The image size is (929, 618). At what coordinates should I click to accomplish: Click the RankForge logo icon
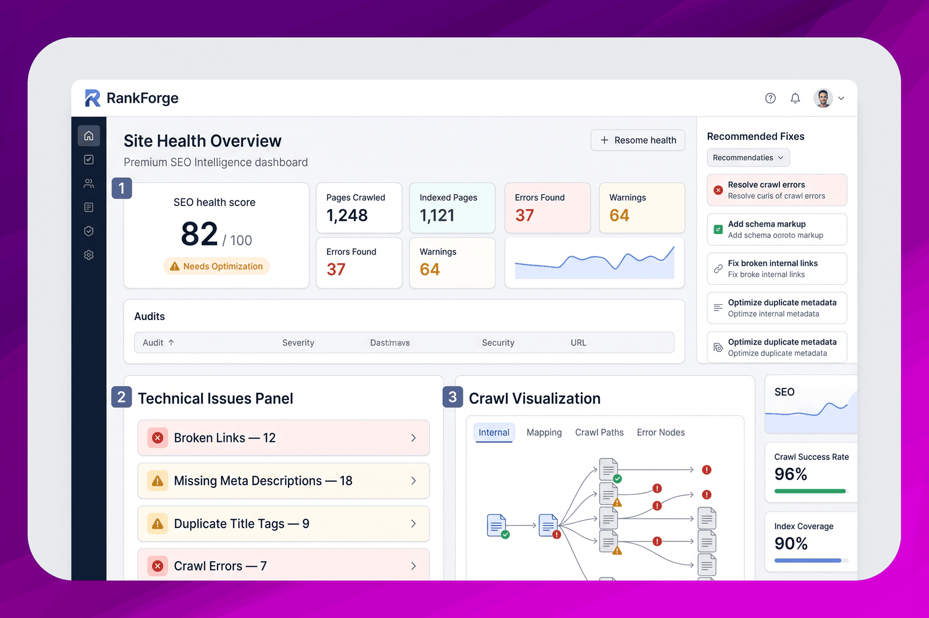coord(92,98)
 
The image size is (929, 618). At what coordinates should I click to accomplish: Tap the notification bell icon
coord(795,98)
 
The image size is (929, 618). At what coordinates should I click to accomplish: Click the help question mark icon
coord(770,98)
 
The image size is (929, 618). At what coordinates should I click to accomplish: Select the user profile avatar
coord(823,98)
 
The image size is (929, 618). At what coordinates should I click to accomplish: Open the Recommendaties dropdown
coord(748,157)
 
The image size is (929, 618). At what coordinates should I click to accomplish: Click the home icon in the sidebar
coord(89,136)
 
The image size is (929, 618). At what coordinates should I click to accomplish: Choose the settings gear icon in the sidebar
coord(89,254)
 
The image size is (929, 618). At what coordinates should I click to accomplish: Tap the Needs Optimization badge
coord(217,266)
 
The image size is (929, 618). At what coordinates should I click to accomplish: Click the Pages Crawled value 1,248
coord(347,215)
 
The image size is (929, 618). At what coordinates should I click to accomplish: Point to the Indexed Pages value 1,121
coord(437,215)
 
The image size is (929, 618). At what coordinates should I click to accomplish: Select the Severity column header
coord(298,343)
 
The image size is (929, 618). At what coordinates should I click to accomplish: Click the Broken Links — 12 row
coord(284,437)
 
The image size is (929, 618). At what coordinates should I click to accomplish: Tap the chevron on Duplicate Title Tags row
coord(413,523)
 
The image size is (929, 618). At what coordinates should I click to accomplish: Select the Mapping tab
coord(544,432)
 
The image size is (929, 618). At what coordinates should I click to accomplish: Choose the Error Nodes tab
coord(661,432)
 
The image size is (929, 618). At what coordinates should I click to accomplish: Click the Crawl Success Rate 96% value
coord(790,474)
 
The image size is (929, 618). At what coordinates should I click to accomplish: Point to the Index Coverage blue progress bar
coord(808,560)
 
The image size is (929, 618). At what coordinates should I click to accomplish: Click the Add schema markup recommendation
coord(777,229)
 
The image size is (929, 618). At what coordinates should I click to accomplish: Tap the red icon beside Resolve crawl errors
coord(718,190)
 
